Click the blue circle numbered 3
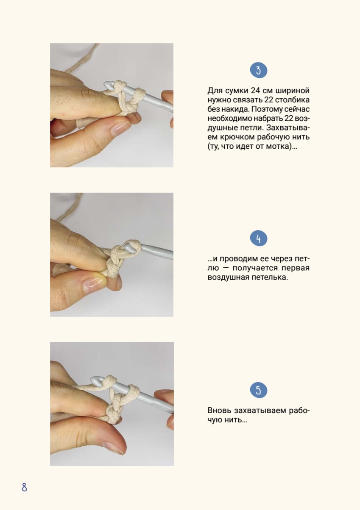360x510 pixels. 259,70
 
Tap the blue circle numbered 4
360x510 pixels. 259,238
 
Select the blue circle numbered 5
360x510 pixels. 259,390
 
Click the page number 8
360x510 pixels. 24,487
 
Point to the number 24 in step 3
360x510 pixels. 256,91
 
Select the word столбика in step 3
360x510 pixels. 292,100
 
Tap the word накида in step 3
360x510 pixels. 235,109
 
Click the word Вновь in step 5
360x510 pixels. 219,410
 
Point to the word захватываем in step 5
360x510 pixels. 260,410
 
